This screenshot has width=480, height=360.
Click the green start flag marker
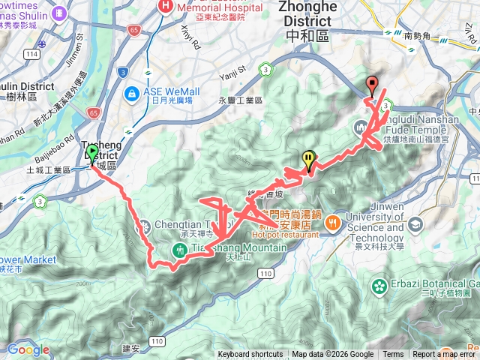click(92, 154)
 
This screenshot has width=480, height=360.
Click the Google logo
click(28, 349)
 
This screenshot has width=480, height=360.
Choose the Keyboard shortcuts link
click(250, 355)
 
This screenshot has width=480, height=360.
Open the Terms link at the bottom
click(393, 355)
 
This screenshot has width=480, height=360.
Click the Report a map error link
click(445, 355)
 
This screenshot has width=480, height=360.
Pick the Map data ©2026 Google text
click(332, 355)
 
